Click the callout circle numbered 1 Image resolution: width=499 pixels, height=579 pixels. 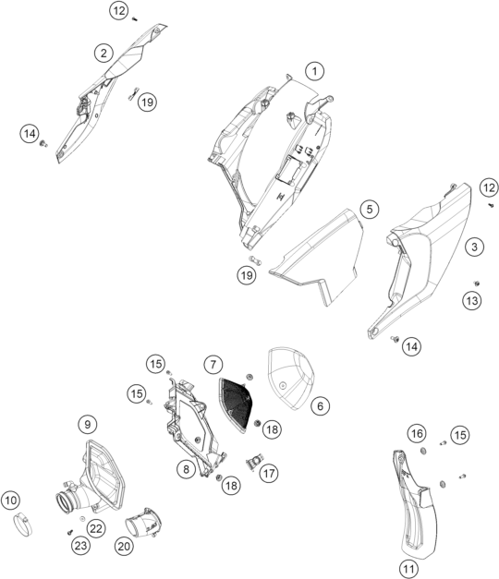tap(314, 71)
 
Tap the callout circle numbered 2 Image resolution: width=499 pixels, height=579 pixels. tap(103, 53)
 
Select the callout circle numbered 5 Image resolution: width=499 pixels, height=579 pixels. tap(370, 210)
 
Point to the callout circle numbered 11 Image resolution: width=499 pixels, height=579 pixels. tap(408, 568)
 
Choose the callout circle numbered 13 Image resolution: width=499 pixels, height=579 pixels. tap(472, 301)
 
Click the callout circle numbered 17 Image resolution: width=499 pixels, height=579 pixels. tap(269, 473)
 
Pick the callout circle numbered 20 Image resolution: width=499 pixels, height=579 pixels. tap(124, 546)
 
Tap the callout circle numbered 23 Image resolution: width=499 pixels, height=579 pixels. tap(81, 546)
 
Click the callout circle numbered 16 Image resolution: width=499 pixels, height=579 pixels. tap(417, 433)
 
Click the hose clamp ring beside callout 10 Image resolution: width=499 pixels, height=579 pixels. tap(23, 525)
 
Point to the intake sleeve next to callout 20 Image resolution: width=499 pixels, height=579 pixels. tap(144, 523)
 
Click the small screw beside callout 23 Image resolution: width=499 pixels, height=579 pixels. tap(69, 532)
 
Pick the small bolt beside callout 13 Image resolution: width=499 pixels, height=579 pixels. tap(477, 283)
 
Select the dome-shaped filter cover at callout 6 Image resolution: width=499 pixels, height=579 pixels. tap(291, 378)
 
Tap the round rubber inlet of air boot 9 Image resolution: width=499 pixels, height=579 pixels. tap(66, 501)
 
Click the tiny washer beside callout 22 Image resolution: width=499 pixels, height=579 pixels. tap(82, 519)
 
